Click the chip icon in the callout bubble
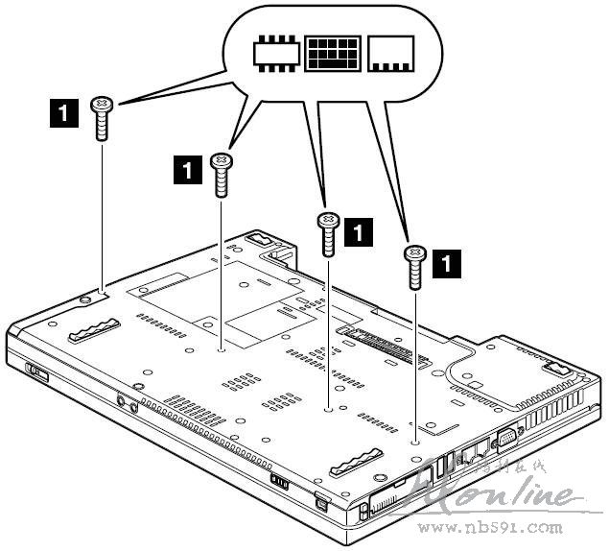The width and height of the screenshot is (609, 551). [x=276, y=55]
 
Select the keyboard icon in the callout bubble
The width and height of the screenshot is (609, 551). [x=333, y=55]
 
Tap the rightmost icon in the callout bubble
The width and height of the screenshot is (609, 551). [x=389, y=55]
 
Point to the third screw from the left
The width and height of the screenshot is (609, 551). [x=328, y=233]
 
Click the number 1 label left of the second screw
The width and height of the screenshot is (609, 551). [x=186, y=170]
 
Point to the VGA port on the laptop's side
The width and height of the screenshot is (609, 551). [x=503, y=442]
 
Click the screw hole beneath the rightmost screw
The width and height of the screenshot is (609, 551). [x=413, y=443]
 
